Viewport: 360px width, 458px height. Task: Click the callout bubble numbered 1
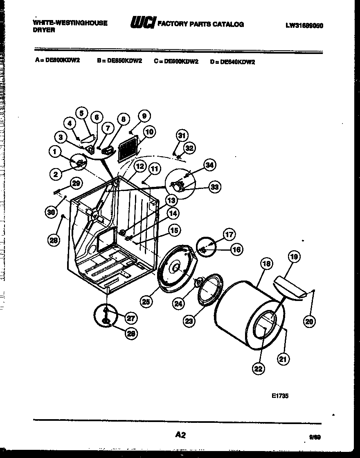pos(54,152)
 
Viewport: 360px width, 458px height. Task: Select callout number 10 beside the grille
pos(149,132)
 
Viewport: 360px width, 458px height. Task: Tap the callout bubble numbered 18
pos(266,264)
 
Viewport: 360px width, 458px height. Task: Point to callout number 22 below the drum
pos(258,368)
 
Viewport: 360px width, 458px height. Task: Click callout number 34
pos(209,166)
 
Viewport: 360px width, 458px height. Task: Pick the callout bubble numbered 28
pos(52,241)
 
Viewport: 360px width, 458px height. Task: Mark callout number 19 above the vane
pos(294,257)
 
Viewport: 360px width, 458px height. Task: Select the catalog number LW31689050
pos(304,25)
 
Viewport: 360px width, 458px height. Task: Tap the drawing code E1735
pos(280,396)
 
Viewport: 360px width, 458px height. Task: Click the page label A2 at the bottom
pos(180,435)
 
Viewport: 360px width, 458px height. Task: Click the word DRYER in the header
pos(44,30)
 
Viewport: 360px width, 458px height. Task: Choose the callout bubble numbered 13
pos(171,200)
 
